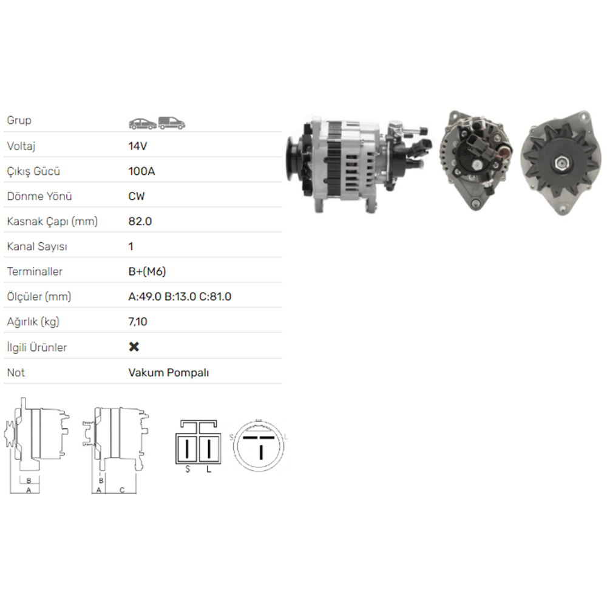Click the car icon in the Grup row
[x=143, y=123]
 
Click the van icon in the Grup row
[x=172, y=123]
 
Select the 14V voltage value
[x=137, y=146]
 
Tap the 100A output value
[x=141, y=171]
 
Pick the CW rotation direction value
[x=136, y=196]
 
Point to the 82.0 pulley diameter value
[x=140, y=222]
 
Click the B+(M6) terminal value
[x=147, y=272]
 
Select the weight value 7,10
[x=138, y=322]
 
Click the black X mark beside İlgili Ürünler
[x=134, y=347]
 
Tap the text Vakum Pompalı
[x=169, y=373]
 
